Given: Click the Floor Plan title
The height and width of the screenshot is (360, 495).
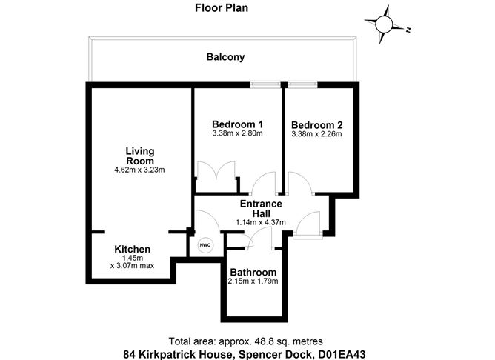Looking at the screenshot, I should (221, 9).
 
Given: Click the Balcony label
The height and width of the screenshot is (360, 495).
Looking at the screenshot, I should (225, 57).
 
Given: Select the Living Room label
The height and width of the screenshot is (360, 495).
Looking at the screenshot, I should (139, 156).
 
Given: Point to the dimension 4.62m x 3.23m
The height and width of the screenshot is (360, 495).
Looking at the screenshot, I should (139, 170).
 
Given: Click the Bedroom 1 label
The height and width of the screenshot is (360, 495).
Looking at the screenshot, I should (238, 124).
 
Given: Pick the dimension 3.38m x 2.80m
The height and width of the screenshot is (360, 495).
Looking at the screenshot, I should (238, 133).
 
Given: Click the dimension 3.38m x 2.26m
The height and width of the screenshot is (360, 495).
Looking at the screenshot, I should (316, 135).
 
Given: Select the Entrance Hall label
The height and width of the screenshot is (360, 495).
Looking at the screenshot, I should (261, 208).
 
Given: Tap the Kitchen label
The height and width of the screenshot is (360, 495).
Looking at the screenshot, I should (133, 249).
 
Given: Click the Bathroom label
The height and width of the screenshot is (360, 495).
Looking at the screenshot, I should (253, 273).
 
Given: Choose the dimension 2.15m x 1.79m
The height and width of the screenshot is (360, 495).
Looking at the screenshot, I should (253, 281).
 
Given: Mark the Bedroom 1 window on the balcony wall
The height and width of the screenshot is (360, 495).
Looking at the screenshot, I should (264, 84).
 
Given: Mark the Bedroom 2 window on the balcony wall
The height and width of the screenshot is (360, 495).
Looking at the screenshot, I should (303, 84).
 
